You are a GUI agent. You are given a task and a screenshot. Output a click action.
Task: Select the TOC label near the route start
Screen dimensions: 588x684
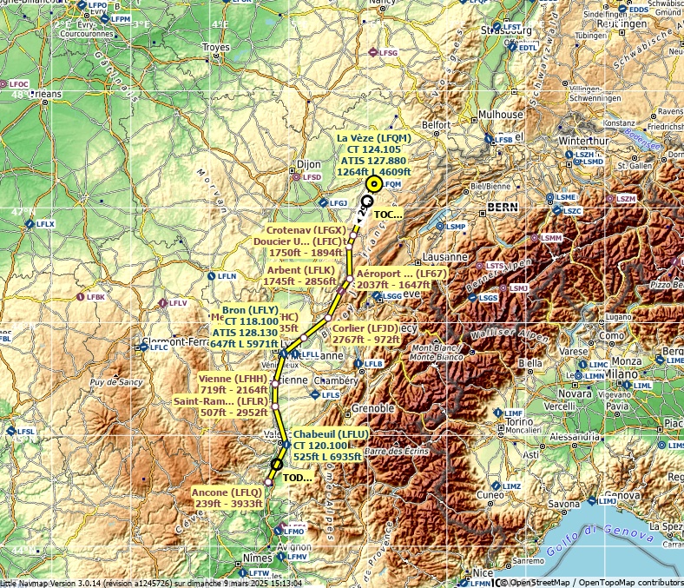(x=387, y=214)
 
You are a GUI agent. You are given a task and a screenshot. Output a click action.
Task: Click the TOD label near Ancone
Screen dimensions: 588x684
(x=298, y=478)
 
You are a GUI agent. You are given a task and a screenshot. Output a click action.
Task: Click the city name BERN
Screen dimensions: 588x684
(x=502, y=207)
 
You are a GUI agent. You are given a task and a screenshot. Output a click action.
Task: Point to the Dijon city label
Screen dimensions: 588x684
(x=308, y=163)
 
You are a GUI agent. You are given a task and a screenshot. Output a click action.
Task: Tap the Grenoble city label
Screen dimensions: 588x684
(x=374, y=408)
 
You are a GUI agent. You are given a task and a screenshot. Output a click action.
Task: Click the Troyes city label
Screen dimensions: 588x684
(x=215, y=48)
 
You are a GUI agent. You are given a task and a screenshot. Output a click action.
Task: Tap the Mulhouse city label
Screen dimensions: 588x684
(x=502, y=115)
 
